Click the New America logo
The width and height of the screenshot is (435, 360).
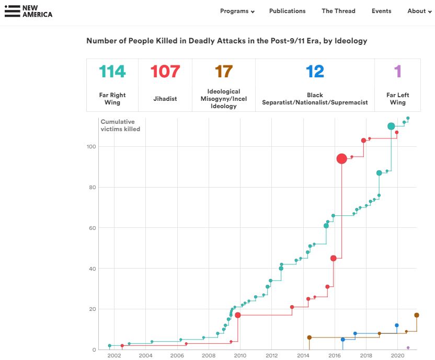coord(29,11)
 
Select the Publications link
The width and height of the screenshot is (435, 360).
coord(287,11)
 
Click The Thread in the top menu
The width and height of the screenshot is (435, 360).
coord(338,11)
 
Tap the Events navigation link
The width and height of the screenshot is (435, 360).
coord(381,11)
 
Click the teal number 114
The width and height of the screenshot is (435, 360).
coord(112,71)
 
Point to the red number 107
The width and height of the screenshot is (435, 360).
coord(165,71)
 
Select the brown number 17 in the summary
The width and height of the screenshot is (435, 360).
coord(223,71)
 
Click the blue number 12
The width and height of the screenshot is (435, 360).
coord(315,71)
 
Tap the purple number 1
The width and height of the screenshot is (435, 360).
coord(397,71)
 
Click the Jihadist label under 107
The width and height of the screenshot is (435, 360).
coord(165,99)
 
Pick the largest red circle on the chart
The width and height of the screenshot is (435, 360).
coord(341,159)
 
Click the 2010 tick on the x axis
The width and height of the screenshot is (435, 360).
coord(240,356)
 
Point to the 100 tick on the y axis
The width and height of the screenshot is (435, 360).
coord(91,146)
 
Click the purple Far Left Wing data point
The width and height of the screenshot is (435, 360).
coord(408,347)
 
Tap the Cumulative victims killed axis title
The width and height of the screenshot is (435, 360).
coord(120,125)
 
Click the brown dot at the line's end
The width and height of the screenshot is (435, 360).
coord(417,315)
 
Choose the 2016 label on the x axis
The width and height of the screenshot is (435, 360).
coord(334,356)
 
